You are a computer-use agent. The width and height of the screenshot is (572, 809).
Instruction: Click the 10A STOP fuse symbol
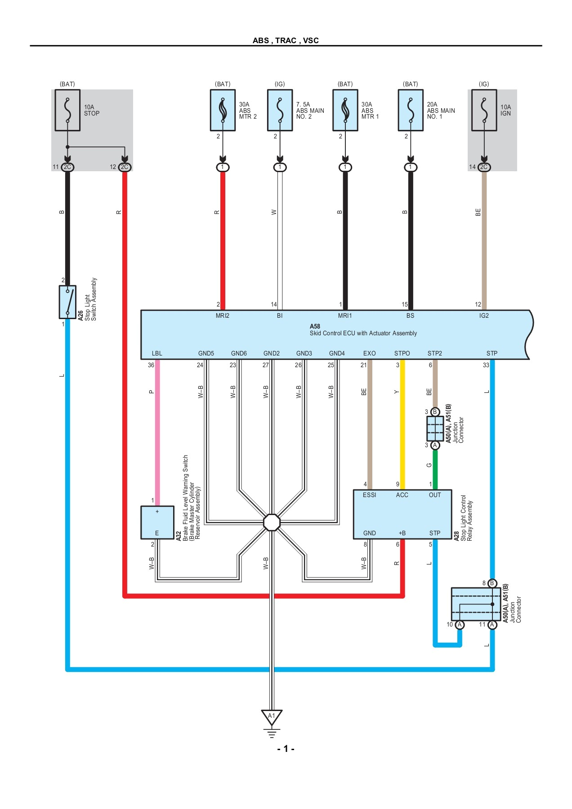pyautogui.click(x=67, y=110)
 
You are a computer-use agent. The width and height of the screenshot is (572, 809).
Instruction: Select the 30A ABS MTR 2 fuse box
pyautogui.click(x=223, y=110)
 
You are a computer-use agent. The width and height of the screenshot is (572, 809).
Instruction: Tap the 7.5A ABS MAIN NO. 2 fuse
pyautogui.click(x=280, y=110)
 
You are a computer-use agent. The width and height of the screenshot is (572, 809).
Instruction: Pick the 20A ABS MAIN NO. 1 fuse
pyautogui.click(x=410, y=110)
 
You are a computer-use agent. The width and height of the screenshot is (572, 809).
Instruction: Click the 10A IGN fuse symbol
pyautogui.click(x=484, y=110)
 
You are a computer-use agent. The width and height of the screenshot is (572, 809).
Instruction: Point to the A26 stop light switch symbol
pyautogui.click(x=67, y=302)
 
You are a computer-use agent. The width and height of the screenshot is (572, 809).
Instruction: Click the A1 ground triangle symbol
pyautogui.click(x=272, y=716)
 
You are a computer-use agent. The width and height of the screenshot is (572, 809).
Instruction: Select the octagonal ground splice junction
pyautogui.click(x=272, y=522)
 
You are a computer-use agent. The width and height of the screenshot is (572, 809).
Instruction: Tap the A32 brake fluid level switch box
pyautogui.click(x=157, y=522)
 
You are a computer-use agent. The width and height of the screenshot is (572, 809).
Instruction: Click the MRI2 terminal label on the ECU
pyautogui.click(x=222, y=316)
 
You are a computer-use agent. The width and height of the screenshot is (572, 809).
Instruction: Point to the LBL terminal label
pyautogui.click(x=157, y=353)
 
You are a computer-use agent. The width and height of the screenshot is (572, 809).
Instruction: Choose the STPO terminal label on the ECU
pyautogui.click(x=402, y=353)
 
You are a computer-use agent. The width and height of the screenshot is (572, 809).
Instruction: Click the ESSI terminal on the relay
pyautogui.click(x=369, y=495)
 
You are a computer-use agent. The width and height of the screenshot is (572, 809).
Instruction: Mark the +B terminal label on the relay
pyautogui.click(x=402, y=533)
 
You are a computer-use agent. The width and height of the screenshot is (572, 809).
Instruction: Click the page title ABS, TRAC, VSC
pyautogui.click(x=286, y=40)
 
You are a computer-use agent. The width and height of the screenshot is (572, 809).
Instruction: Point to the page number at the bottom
pyautogui.click(x=286, y=749)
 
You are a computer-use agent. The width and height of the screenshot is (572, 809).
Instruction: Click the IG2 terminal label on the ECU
pyautogui.click(x=484, y=316)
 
